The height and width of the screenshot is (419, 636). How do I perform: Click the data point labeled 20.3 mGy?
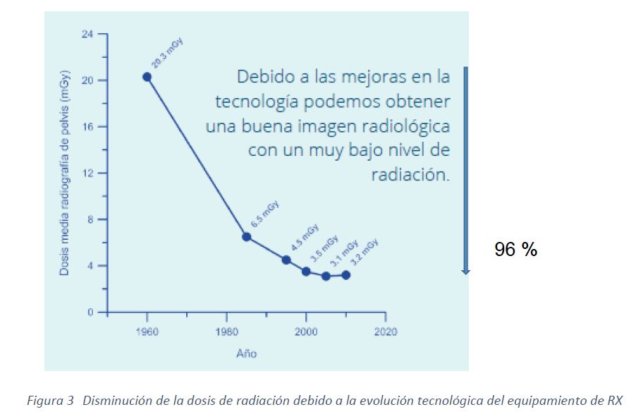click(x=147, y=77)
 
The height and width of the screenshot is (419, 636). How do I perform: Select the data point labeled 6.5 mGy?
click(x=247, y=236)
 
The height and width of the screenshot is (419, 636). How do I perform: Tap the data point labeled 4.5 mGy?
click(x=286, y=260)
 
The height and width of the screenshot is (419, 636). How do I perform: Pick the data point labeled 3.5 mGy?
click(x=306, y=272)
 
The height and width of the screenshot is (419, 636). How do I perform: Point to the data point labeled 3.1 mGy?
click(x=326, y=276)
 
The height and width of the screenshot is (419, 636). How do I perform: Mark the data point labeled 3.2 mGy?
click(x=345, y=275)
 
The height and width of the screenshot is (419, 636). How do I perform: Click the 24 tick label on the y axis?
click(x=88, y=34)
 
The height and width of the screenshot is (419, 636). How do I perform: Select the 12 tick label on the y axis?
click(x=88, y=174)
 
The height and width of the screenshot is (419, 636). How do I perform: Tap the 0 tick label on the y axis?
click(x=91, y=312)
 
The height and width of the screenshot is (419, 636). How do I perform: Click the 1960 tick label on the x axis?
click(x=147, y=332)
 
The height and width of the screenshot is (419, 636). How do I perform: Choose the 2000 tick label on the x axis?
click(x=306, y=332)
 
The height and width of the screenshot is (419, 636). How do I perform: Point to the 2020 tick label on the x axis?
click(x=385, y=332)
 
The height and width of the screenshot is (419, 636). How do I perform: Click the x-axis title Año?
click(x=246, y=353)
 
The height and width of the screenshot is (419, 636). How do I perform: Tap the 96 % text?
click(x=515, y=249)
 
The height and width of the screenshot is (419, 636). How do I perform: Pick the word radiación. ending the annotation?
click(x=410, y=174)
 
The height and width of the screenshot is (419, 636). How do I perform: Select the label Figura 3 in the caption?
click(x=50, y=401)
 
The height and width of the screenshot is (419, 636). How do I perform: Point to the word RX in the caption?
click(x=614, y=401)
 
